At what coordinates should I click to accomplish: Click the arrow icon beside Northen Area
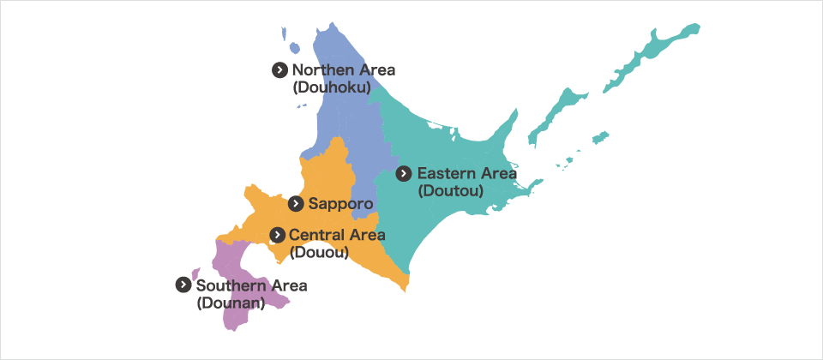279,70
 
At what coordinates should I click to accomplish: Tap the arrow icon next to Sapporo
296,203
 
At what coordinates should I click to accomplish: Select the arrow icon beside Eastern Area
405,173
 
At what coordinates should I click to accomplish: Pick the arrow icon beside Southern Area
183,285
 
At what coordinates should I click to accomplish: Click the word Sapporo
340,204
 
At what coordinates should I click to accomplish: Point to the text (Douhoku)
331,87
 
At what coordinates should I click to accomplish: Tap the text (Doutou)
451,190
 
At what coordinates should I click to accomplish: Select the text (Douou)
318,252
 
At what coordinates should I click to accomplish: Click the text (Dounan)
228,303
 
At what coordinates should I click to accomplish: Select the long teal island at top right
656,47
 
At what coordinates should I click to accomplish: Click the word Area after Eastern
500,173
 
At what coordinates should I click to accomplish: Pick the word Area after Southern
290,285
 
